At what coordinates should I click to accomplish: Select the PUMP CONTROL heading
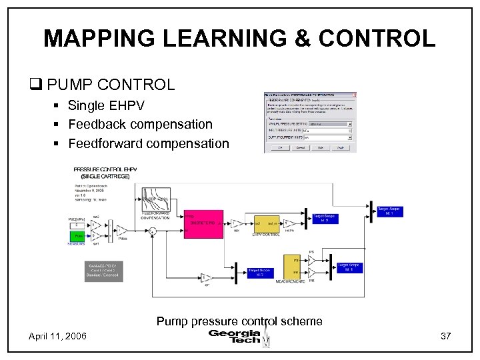[x=111, y=85]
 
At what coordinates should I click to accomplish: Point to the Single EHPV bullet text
[x=106, y=106]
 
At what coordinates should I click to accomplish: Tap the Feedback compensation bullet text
[x=140, y=124]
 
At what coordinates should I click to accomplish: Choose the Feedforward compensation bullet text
[x=148, y=143]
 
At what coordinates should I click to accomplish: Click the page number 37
[x=446, y=337]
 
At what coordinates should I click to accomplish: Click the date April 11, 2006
[x=57, y=337]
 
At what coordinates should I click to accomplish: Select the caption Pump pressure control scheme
[x=239, y=321]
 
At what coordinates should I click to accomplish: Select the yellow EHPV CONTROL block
[x=264, y=221]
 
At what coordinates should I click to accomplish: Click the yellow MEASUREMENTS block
[x=292, y=267]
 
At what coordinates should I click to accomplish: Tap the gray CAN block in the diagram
[x=103, y=270]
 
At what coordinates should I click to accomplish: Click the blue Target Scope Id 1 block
[x=389, y=211]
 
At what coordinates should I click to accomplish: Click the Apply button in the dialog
[x=340, y=147]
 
